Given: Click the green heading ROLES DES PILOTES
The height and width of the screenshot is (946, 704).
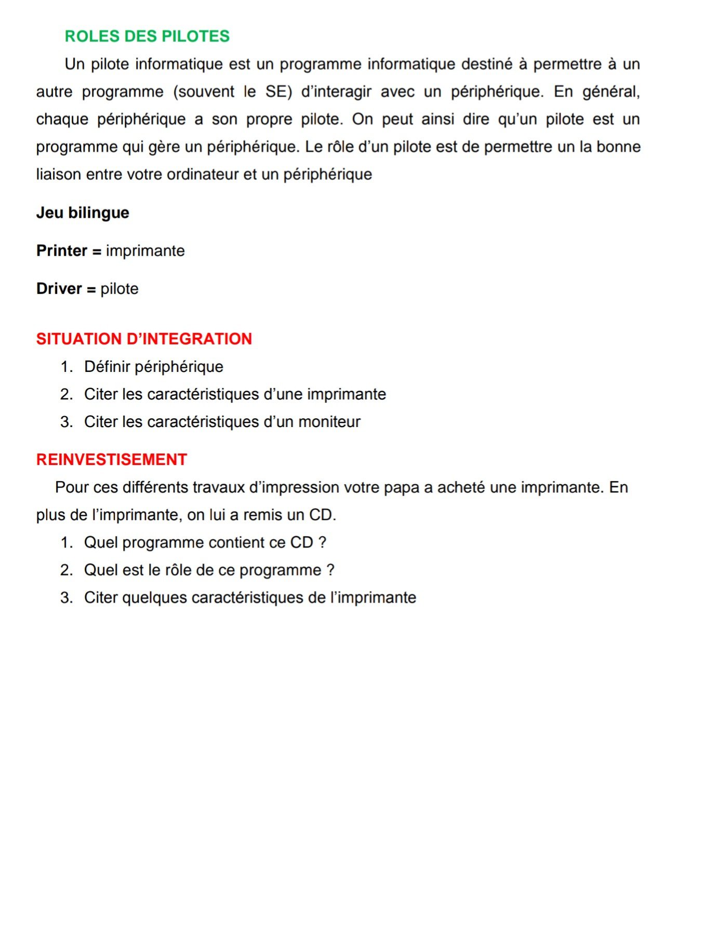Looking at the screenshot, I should click(147, 36).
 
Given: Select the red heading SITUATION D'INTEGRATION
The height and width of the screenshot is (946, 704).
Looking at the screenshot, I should click(144, 339).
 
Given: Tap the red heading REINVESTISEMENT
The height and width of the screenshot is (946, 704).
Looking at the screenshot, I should click(112, 460).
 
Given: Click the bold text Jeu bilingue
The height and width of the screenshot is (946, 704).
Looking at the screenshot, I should click(83, 213).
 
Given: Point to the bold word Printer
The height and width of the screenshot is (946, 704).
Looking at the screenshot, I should click(62, 251).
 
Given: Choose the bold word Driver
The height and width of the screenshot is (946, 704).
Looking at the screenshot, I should click(59, 289).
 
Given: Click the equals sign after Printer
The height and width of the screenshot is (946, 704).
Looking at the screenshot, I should click(97, 251).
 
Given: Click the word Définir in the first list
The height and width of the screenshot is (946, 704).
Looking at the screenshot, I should click(108, 367).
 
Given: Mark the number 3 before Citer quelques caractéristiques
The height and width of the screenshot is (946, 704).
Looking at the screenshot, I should click(65, 598).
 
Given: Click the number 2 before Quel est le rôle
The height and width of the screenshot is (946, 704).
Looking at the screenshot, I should click(65, 570).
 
